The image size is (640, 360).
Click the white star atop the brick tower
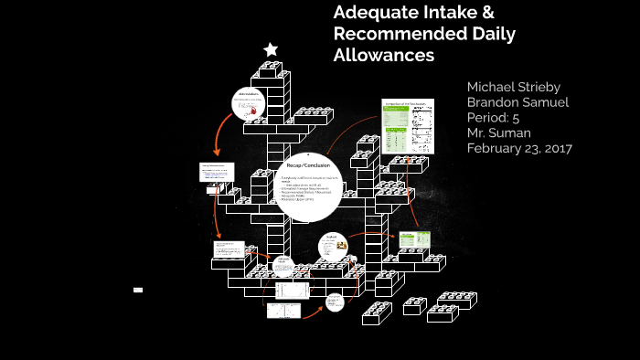pyautogui.click(x=270, y=49)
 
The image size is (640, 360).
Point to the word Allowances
pyautogui.click(x=383, y=56)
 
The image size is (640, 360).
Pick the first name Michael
pyautogui.click(x=494, y=86)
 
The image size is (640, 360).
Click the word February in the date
pyautogui.click(x=499, y=148)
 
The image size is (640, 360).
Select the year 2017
pyautogui.click(x=577, y=148)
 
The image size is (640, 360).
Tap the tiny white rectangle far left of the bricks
pyautogui.click(x=138, y=290)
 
